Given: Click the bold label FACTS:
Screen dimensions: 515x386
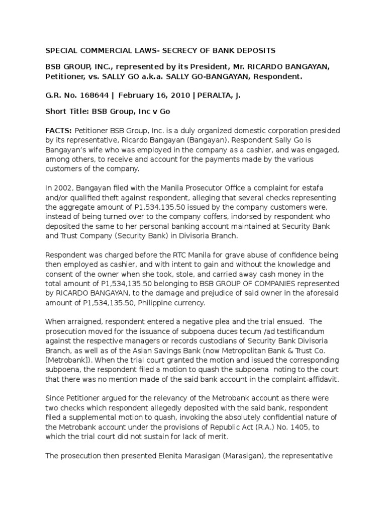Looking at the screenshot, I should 58,130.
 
